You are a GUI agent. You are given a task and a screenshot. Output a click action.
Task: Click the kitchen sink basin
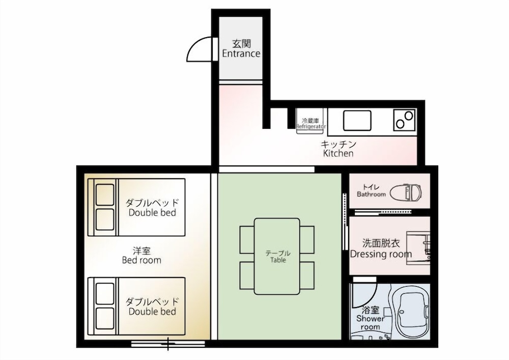tap(357, 121)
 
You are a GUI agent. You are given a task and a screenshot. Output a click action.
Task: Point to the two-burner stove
tap(405, 120)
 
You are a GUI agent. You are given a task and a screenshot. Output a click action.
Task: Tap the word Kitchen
tap(338, 153)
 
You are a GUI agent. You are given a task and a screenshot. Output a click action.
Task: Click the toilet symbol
tap(406, 192)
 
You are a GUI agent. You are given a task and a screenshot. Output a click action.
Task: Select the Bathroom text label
tap(372, 194)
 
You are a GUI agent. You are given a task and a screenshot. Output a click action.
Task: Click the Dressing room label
tap(381, 254)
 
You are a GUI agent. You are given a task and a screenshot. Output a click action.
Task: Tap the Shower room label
tap(370, 318)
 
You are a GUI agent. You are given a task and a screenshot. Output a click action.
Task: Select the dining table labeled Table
tap(277, 256)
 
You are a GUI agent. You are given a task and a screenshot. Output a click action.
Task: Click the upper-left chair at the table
tap(247, 239)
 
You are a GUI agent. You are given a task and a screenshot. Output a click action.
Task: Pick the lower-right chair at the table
tap(307, 275)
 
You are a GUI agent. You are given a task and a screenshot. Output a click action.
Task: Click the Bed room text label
tap(142, 260)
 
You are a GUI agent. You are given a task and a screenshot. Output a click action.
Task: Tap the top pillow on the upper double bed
tap(105, 195)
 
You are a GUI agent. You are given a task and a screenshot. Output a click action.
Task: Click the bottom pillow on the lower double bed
tap(105, 318)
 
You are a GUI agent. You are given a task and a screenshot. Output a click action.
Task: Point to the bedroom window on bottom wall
tap(168, 344)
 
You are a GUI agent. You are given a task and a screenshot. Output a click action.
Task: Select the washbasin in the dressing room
tap(419, 247)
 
